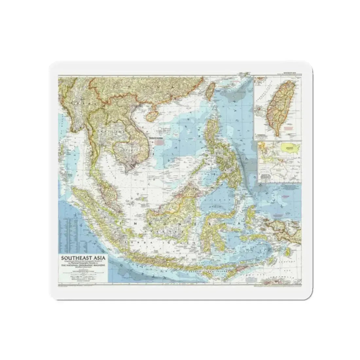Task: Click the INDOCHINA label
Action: [156, 138]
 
